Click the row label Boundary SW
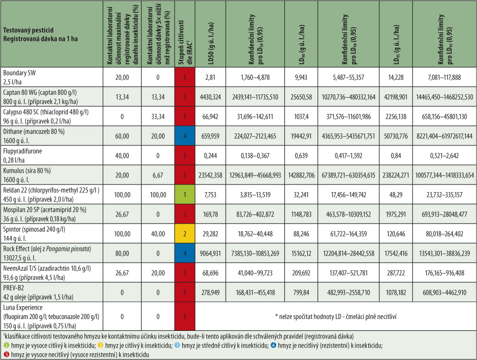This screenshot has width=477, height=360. (x=20, y=73)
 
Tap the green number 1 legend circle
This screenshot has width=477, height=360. (x=5, y=346)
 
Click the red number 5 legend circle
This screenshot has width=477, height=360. (x=5, y=355)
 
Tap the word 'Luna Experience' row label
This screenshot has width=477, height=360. (x=23, y=307)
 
